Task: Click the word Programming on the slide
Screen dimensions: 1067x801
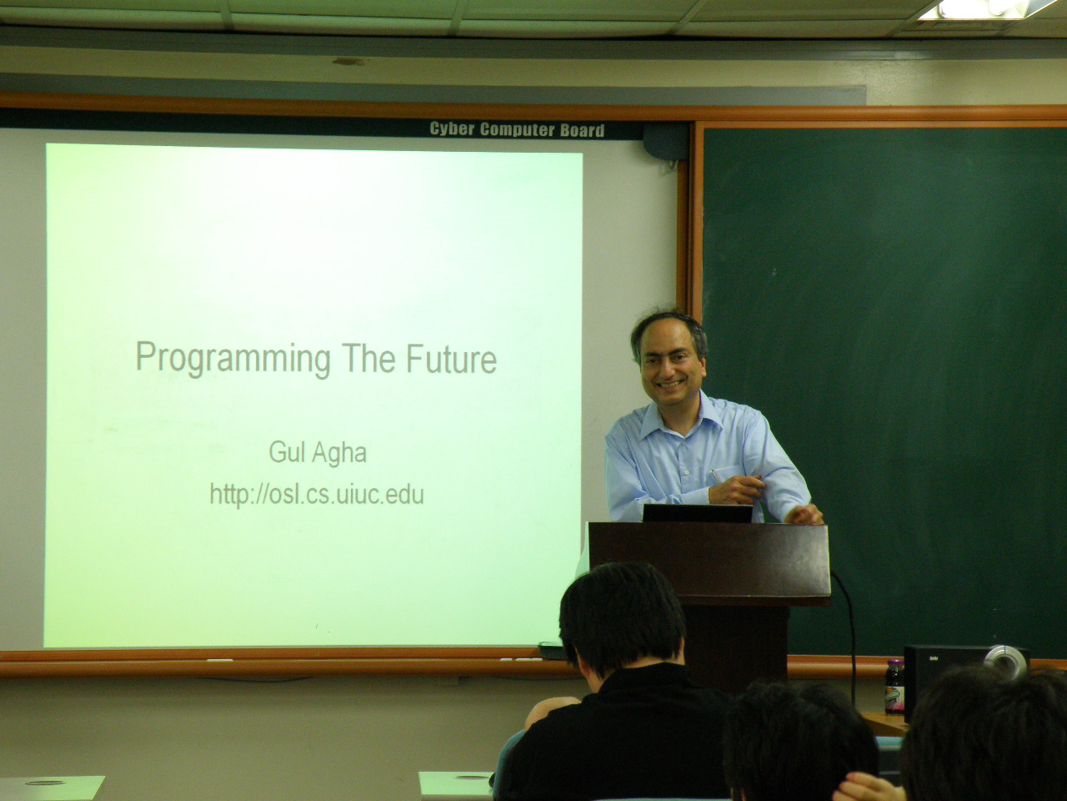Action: point(233,359)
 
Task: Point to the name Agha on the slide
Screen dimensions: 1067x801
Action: point(338,454)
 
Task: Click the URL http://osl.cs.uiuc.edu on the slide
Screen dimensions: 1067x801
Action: point(317,495)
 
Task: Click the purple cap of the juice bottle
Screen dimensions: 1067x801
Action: point(894,663)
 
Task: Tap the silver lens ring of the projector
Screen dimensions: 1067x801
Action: point(1006,662)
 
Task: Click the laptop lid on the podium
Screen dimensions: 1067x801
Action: point(698,514)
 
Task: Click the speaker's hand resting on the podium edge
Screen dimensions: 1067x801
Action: point(804,515)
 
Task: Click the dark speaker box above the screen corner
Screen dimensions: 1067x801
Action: point(665,141)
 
